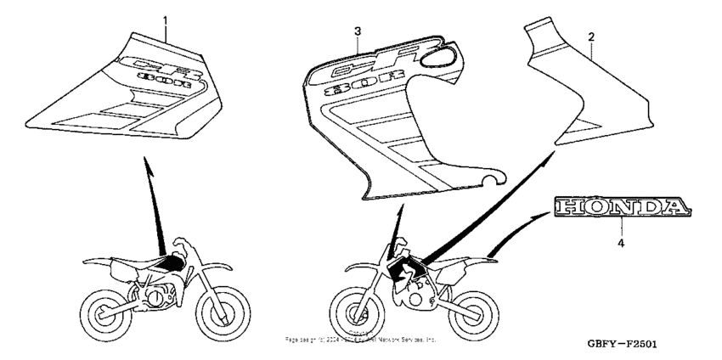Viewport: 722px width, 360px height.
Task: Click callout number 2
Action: (591, 37)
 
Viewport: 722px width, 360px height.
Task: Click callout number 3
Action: (358, 31)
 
